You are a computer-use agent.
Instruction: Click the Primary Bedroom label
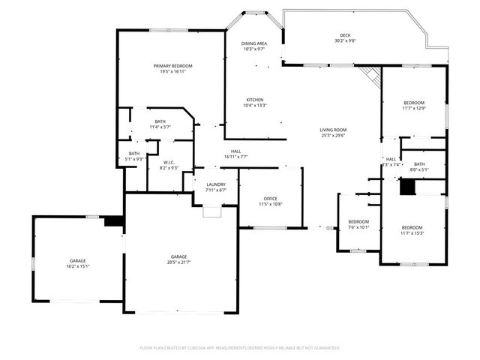click(x=169, y=66)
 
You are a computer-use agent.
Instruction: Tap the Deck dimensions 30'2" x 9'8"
click(x=345, y=41)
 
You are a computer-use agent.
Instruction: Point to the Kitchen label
click(x=255, y=100)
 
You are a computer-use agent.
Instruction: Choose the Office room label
click(x=270, y=199)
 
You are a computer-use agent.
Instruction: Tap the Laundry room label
click(x=216, y=184)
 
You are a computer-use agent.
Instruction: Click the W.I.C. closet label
click(x=169, y=162)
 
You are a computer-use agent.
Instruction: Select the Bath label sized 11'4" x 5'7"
click(x=160, y=121)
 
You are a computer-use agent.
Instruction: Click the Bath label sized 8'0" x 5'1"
click(x=418, y=164)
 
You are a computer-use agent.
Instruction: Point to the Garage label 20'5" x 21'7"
click(x=178, y=256)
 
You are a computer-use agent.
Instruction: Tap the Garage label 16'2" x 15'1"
click(x=78, y=259)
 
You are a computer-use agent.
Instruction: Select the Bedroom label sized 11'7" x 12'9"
click(x=414, y=103)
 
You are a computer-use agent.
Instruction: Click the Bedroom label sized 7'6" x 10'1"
click(x=358, y=222)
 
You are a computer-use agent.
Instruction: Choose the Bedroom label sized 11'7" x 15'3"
click(x=412, y=228)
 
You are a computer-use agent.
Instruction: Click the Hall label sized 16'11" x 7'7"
click(x=235, y=151)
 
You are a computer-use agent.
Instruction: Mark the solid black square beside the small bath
click(x=406, y=187)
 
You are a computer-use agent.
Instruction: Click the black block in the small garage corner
click(x=113, y=221)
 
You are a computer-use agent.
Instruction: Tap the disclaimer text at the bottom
click(x=240, y=348)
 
